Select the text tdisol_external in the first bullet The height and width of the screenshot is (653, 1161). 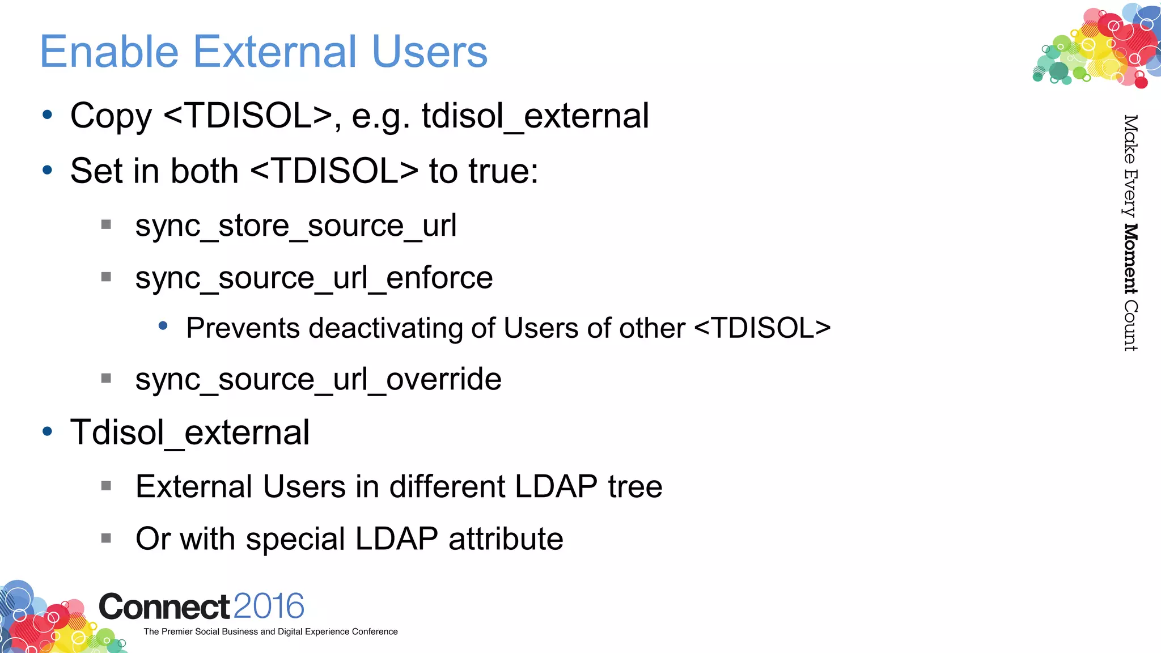tap(535, 116)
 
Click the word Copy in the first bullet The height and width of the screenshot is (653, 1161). tap(111, 116)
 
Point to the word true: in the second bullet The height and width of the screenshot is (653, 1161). tap(483, 171)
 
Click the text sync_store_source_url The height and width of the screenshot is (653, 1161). tap(295, 226)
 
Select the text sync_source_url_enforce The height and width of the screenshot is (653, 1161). tap(313, 278)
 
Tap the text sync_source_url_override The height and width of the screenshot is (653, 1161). tap(318, 379)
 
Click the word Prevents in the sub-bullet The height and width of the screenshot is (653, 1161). tap(243, 328)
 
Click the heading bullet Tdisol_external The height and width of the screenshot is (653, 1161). tap(190, 432)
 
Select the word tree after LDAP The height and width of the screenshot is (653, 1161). tap(635, 486)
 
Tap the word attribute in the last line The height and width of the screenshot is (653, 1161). tap(506, 538)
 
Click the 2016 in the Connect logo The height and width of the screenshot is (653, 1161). tap(269, 606)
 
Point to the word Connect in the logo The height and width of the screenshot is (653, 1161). tap(164, 607)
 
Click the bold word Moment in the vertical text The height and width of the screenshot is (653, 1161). tap(1130, 259)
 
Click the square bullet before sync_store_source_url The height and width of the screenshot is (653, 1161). tap(106, 224)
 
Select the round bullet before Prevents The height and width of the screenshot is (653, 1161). tap(163, 326)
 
